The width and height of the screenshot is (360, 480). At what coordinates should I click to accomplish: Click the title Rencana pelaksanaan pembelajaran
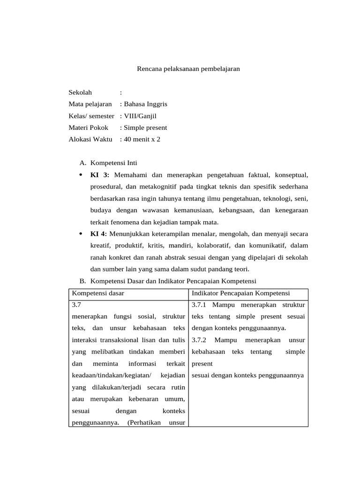click(x=188, y=69)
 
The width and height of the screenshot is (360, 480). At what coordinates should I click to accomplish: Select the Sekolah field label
click(x=81, y=92)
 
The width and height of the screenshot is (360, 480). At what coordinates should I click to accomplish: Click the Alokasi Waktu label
click(x=90, y=139)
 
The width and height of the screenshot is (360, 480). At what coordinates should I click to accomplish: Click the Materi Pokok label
click(x=88, y=127)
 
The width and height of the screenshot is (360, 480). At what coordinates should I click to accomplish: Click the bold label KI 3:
click(x=100, y=175)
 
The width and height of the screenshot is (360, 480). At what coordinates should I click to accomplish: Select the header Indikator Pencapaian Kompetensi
click(x=241, y=293)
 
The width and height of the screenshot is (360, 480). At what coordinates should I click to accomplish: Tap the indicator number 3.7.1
click(x=200, y=305)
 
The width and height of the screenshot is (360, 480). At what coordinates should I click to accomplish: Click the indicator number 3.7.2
click(x=200, y=340)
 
